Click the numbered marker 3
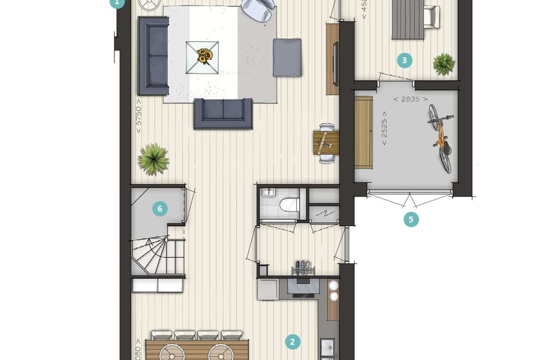(405, 60)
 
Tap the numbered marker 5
(411, 220)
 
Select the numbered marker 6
(160, 209)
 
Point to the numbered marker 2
(292, 342)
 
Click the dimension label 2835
(410, 99)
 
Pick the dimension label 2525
(384, 132)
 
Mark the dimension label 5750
(139, 116)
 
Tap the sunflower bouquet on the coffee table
(204, 56)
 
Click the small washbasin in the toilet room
(268, 193)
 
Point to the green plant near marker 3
(444, 64)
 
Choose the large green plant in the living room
(153, 159)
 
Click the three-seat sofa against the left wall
(153, 56)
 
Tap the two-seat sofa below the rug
(223, 113)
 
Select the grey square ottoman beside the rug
(287, 58)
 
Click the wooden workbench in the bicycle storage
(363, 132)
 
